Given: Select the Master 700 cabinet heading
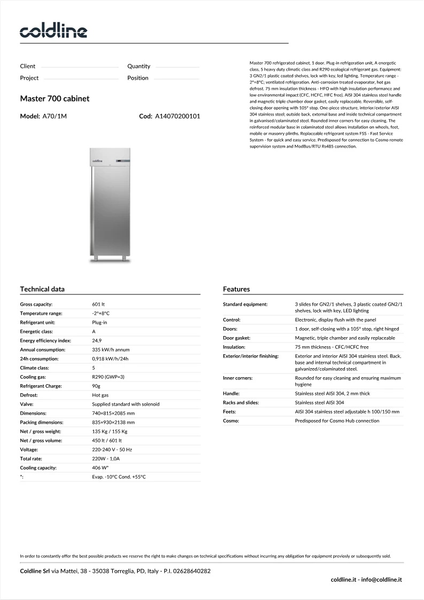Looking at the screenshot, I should (54, 99).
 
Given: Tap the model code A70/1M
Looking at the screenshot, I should (54, 116).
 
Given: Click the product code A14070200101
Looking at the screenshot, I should (177, 116).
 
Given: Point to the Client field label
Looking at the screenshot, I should (28, 66).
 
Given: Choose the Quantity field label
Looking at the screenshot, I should (139, 66).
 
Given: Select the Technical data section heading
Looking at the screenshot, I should (42, 289).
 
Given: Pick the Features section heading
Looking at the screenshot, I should (236, 289).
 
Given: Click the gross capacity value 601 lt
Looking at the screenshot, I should (98, 304).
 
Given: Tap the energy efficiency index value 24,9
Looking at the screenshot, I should (97, 340).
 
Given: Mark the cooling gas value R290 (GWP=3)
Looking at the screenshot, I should (108, 377).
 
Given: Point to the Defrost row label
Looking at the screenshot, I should (29, 395).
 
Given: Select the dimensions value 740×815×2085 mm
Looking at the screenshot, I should (113, 413).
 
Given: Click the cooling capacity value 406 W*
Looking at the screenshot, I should (100, 467).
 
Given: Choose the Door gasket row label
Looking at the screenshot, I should (237, 338).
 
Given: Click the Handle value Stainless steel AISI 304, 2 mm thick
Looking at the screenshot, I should (332, 393).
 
